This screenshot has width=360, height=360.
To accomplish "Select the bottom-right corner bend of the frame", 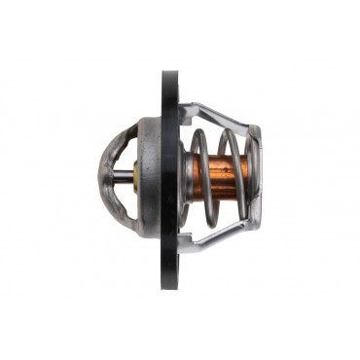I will click(x=253, y=226).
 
